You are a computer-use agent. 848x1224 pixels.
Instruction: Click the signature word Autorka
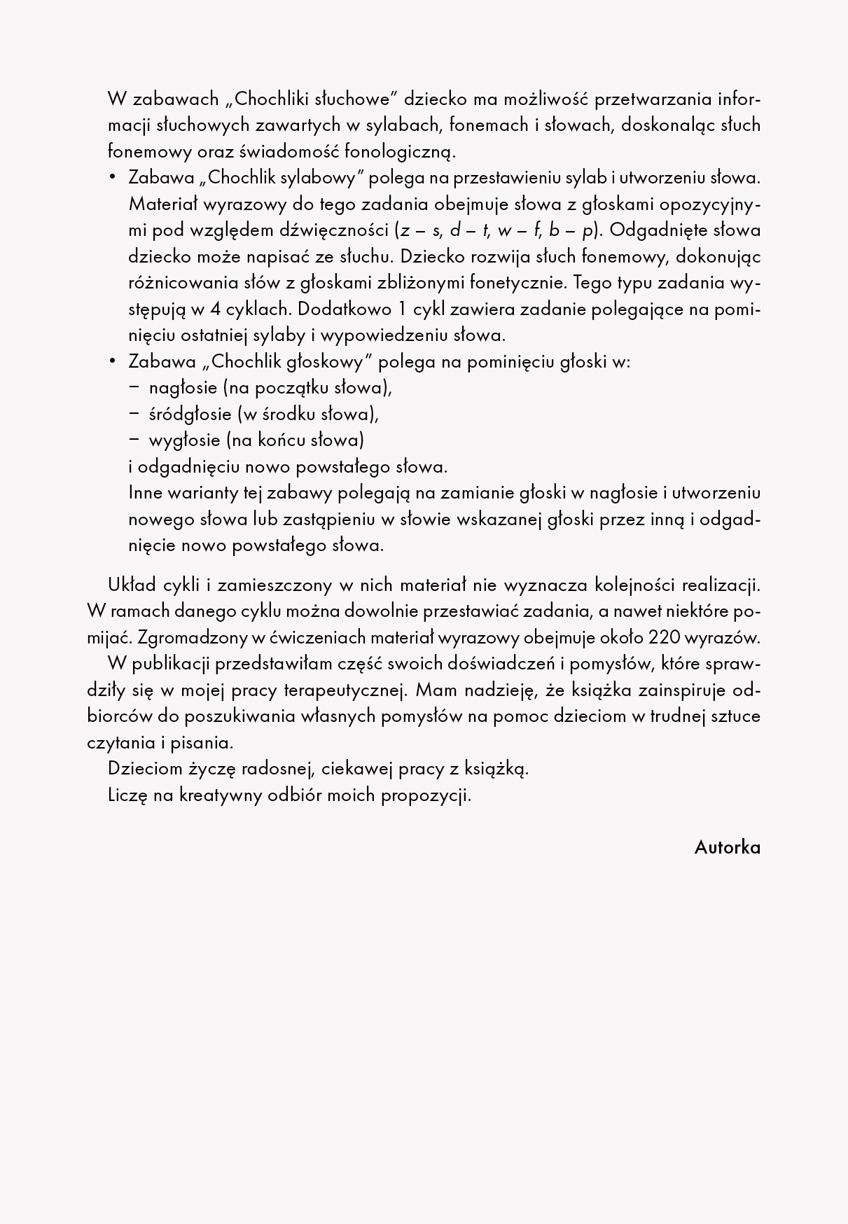click(727, 847)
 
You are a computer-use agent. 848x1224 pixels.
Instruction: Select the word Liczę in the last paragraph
click(127, 795)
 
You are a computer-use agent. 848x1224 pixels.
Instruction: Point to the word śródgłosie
click(190, 414)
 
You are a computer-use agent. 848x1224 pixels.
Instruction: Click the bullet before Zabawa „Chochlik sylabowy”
click(112, 177)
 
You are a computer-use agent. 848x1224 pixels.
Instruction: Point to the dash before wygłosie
click(134, 440)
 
